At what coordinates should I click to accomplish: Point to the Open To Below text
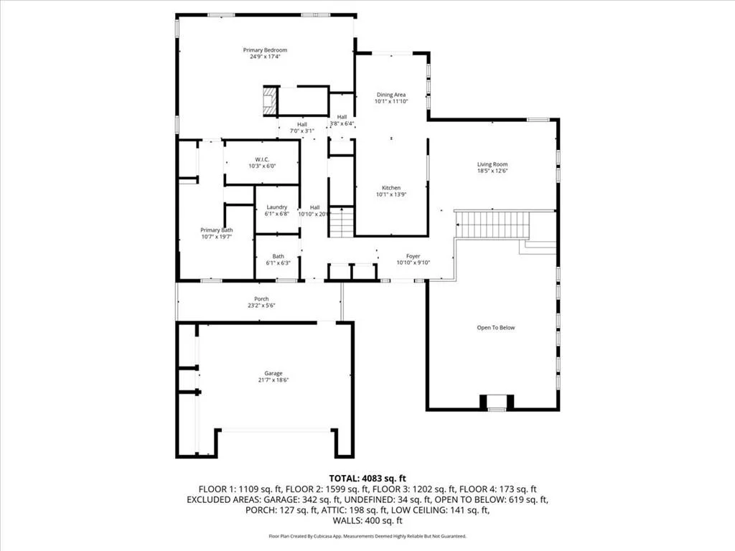pyautogui.click(x=496, y=327)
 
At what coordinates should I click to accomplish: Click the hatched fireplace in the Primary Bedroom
pyautogui.click(x=270, y=100)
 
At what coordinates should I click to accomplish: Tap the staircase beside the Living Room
pyautogui.click(x=492, y=225)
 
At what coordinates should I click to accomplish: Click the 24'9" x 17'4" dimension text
pyautogui.click(x=265, y=57)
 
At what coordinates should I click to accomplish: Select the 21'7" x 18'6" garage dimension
pyautogui.click(x=273, y=380)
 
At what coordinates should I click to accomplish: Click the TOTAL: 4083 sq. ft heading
pyautogui.click(x=367, y=479)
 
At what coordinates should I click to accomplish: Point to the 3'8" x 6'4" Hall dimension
pyautogui.click(x=342, y=124)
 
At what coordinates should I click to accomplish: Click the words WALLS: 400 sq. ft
pyautogui.click(x=367, y=521)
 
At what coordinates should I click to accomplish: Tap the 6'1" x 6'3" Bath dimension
pyautogui.click(x=278, y=263)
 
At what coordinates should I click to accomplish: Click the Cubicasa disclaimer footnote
pyautogui.click(x=367, y=536)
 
